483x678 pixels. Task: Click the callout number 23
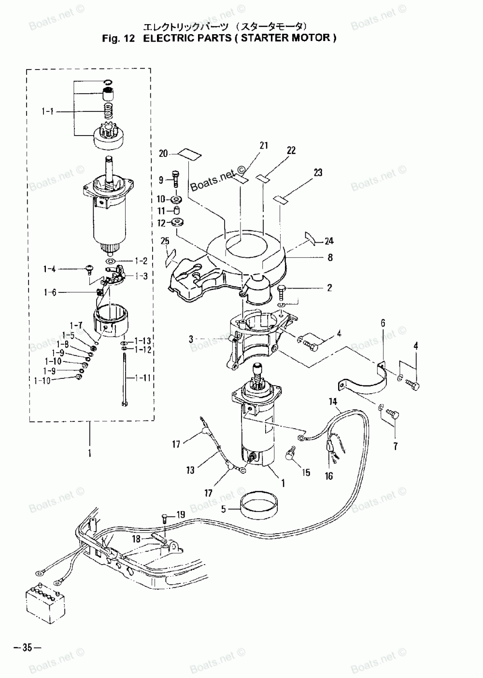tap(317, 172)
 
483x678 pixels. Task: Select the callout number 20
tap(163, 153)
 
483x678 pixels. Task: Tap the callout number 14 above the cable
tap(333, 401)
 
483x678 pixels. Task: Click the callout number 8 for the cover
tap(330, 258)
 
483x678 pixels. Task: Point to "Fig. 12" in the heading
tap(118, 38)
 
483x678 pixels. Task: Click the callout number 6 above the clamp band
tap(383, 323)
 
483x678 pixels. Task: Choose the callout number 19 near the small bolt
tap(180, 514)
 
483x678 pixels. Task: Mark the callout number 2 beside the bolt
tap(329, 288)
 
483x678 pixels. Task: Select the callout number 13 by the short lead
tap(191, 470)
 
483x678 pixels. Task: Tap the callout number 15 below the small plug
tap(306, 473)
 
